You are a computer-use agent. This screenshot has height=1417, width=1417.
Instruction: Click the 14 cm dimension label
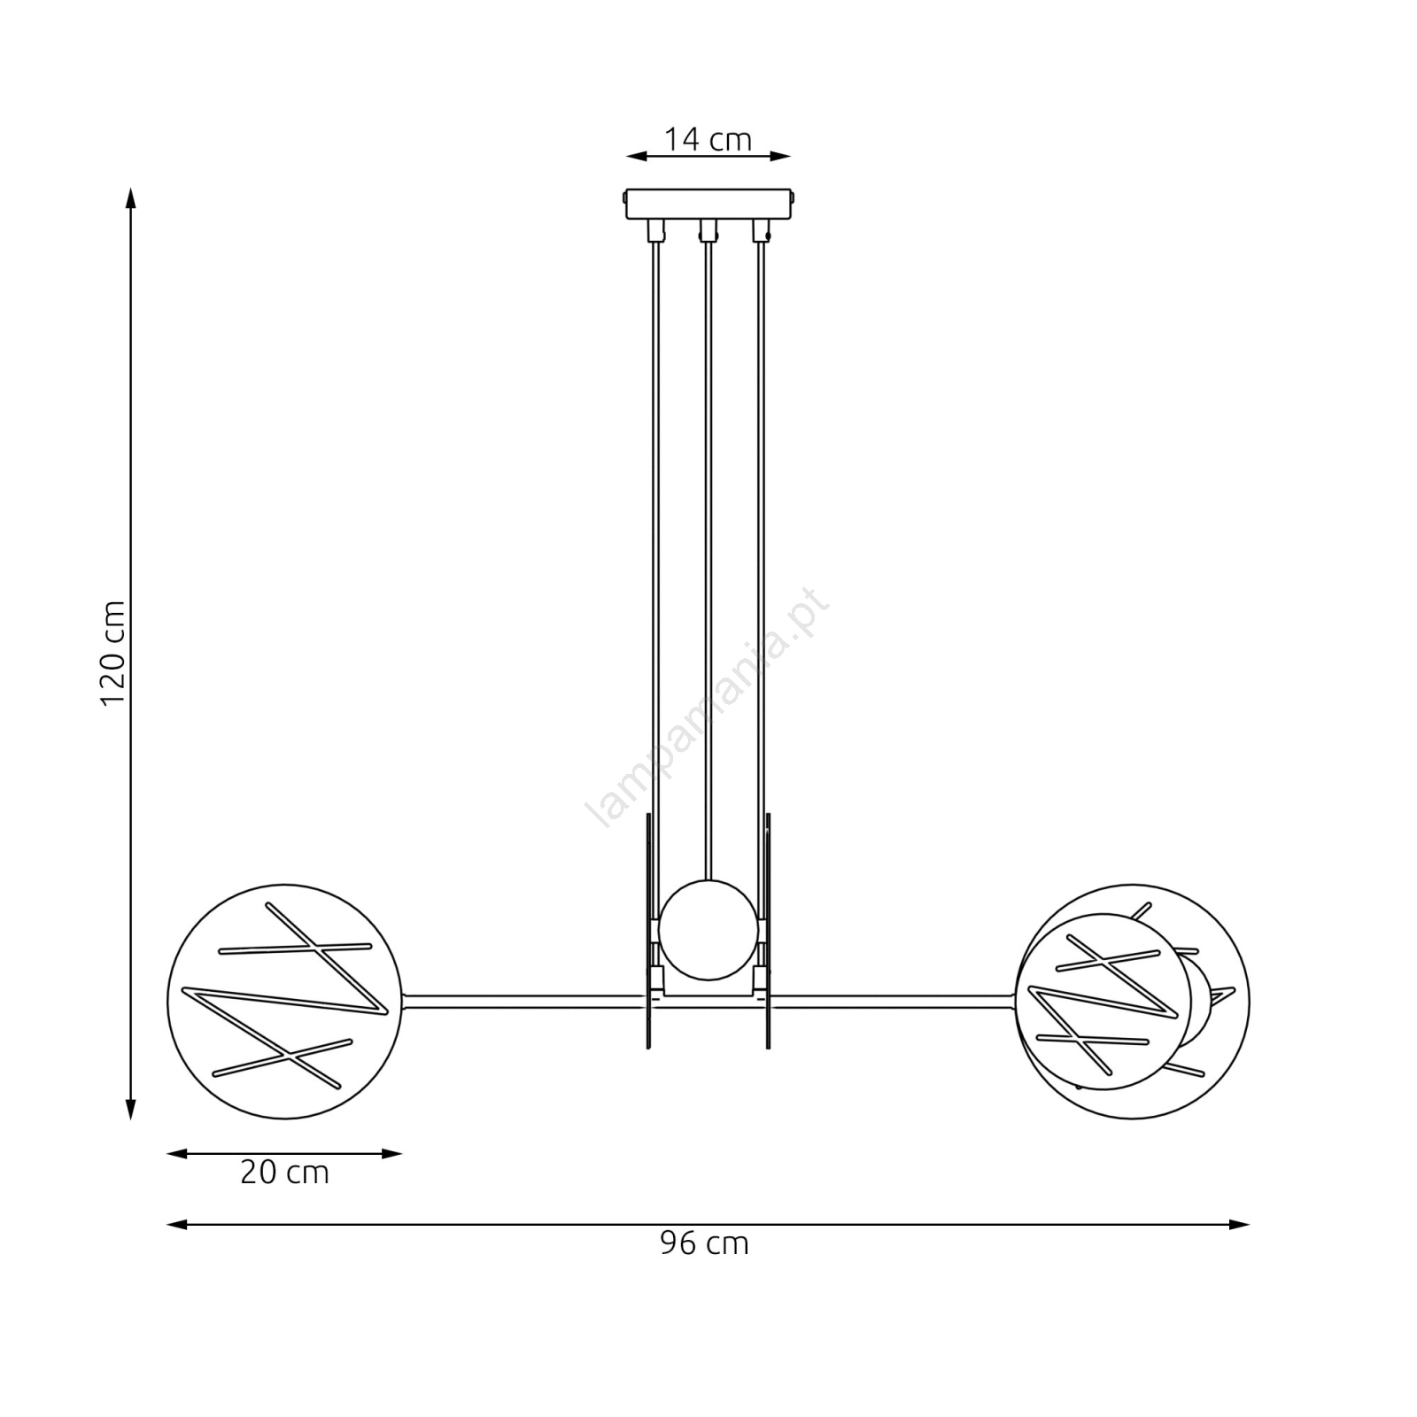[708, 139]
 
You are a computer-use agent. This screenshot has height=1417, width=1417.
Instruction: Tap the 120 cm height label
[112, 653]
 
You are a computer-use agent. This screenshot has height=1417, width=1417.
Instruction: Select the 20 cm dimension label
[284, 1173]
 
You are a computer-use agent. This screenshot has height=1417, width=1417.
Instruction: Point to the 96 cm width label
[704, 1243]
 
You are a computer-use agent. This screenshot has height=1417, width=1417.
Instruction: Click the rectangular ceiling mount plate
[708, 204]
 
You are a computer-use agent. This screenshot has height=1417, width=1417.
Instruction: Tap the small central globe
[708, 930]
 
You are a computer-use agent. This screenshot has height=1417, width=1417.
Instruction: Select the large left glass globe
[284, 1002]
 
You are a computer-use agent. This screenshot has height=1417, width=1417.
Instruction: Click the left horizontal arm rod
[526, 1002]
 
